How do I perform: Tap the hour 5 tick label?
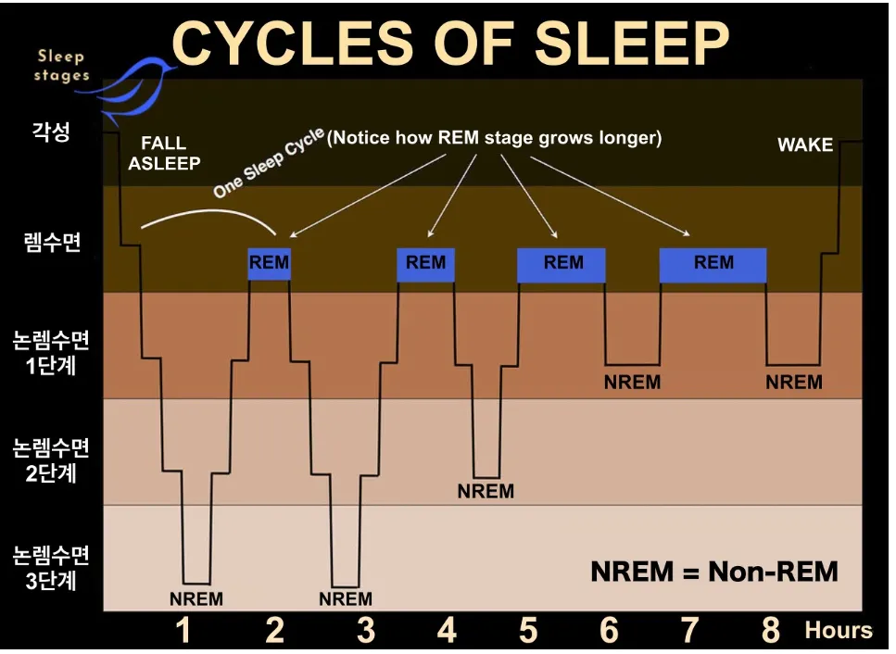tap(528, 632)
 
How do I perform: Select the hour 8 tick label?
tap(771, 632)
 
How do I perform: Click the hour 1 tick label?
tap(183, 632)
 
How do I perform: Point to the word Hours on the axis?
tap(839, 632)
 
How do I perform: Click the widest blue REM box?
tap(713, 264)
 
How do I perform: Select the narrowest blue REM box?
tap(269, 263)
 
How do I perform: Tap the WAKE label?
tap(804, 145)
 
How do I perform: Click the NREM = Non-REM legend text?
tap(713, 571)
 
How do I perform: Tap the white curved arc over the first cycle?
tap(209, 215)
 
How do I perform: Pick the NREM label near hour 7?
tap(794, 382)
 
